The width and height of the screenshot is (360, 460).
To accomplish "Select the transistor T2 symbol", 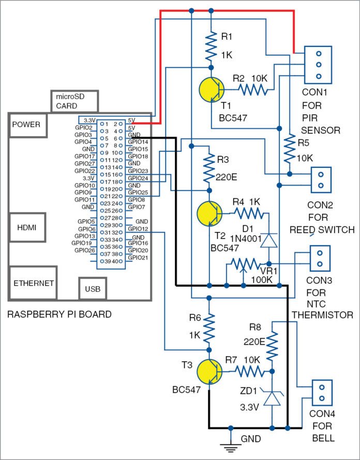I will click(x=210, y=213).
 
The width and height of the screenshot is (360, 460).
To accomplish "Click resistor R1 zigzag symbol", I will click(x=211, y=47).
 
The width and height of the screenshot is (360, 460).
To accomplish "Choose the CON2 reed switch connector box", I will click(x=320, y=180).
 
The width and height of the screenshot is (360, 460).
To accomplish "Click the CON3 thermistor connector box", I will click(x=320, y=258).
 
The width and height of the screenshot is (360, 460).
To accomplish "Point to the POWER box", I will click(x=26, y=125).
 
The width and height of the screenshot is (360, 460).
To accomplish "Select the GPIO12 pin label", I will click(x=138, y=228).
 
